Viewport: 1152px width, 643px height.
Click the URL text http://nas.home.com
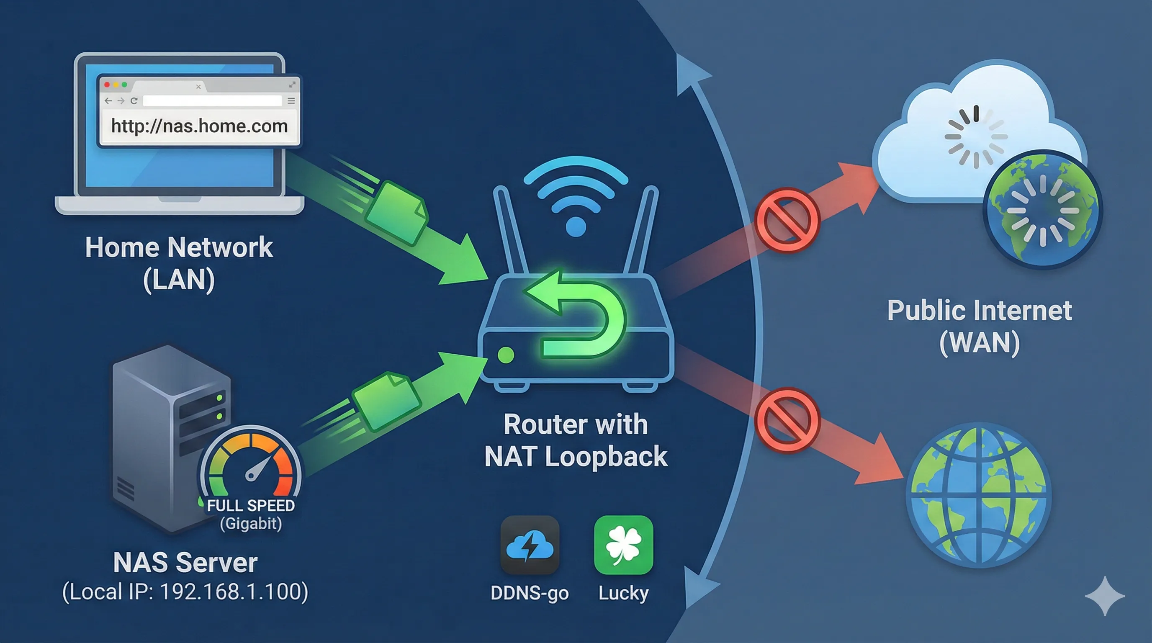199,126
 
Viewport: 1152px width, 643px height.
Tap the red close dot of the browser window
107,85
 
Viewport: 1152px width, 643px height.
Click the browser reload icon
134,101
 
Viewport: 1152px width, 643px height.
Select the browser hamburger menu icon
291,101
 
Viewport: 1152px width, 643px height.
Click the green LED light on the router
506,355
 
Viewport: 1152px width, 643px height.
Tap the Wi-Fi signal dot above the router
576,227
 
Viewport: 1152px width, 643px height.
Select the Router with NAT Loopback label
576,440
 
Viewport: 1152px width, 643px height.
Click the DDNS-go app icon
530,545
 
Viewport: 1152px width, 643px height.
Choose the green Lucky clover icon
623,545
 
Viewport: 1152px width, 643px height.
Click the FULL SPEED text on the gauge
251,506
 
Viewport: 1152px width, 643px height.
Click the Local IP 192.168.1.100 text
185,592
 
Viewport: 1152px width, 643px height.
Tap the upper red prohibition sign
787,221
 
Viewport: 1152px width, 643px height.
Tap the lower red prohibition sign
787,420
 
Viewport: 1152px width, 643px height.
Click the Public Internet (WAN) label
980,327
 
